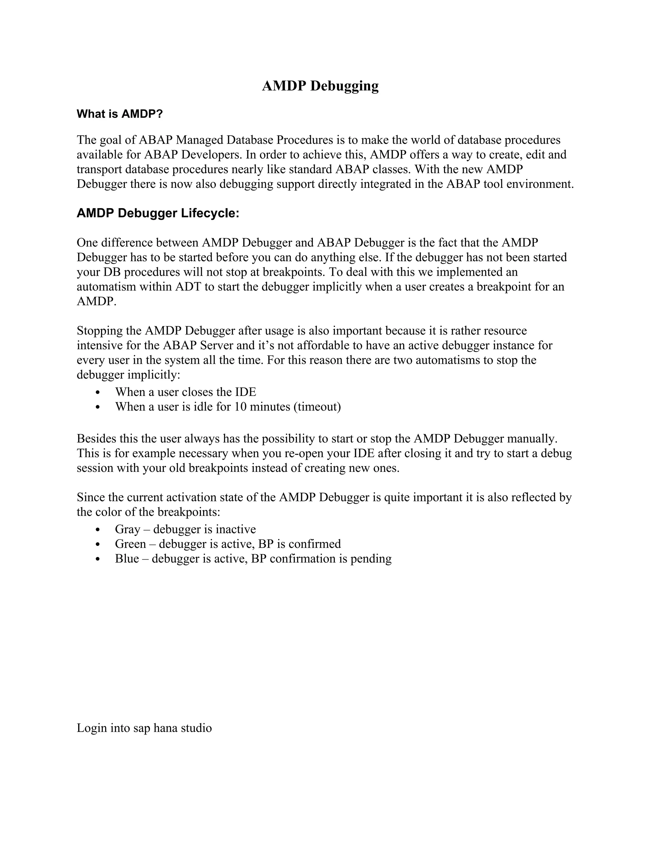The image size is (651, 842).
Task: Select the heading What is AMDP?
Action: [120, 114]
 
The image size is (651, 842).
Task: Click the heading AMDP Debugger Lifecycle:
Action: [158, 213]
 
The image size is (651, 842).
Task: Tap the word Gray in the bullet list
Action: [127, 530]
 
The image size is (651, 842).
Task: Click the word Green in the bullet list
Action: [130, 544]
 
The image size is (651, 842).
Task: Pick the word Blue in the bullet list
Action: [127, 559]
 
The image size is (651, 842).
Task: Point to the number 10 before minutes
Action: [240, 407]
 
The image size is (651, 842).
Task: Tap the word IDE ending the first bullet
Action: [245, 392]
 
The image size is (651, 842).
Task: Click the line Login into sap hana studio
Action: [144, 728]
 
